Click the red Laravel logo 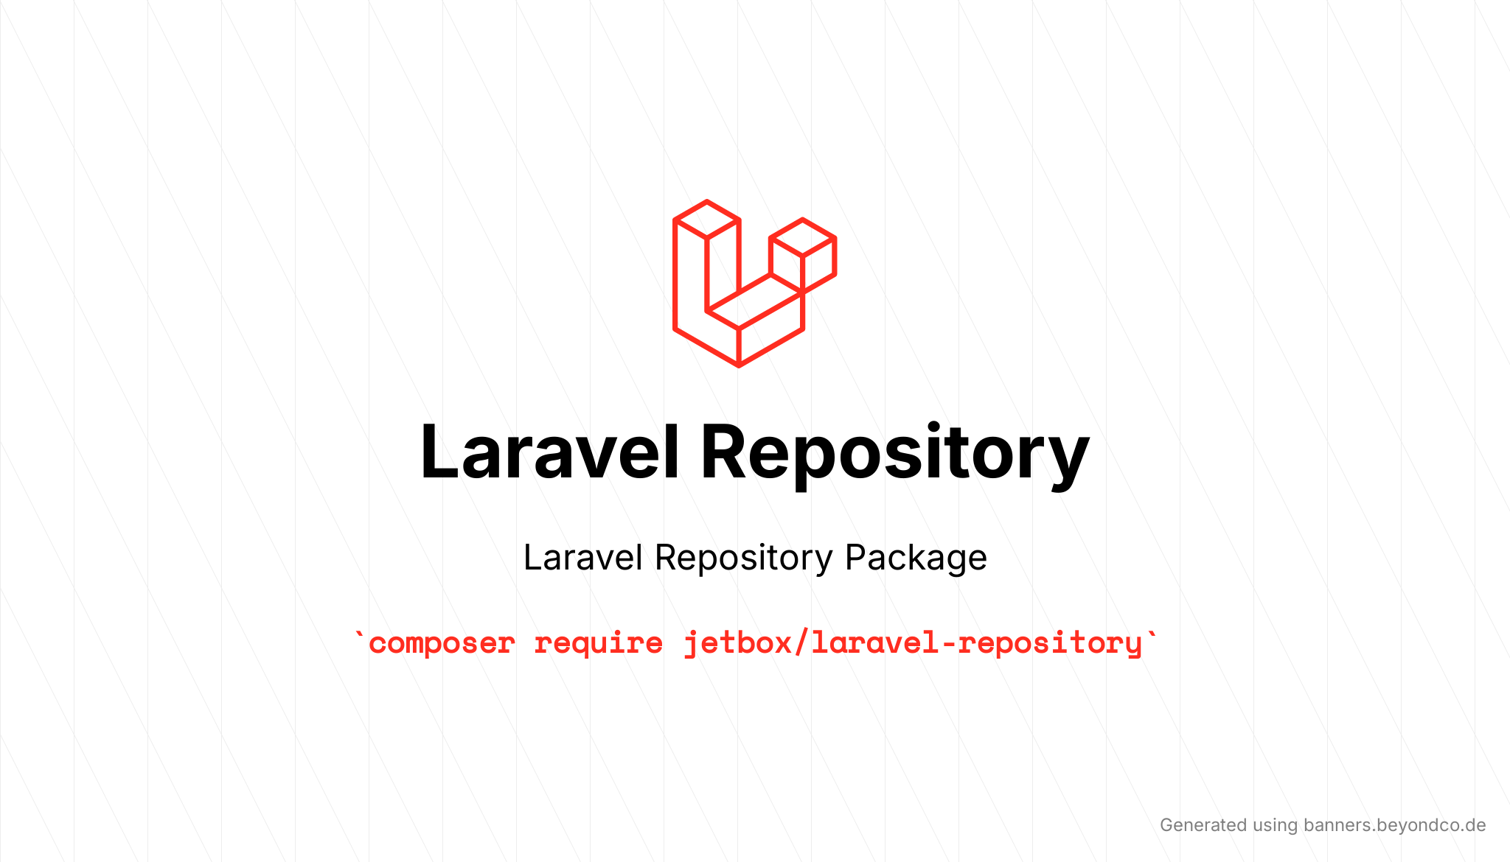pyautogui.click(x=754, y=284)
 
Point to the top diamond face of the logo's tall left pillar pyautogui.click(x=706, y=219)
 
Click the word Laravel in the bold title pyautogui.click(x=549, y=452)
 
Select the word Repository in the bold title pyautogui.click(x=894, y=452)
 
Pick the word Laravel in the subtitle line pyautogui.click(x=583, y=558)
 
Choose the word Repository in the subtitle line pyautogui.click(x=744, y=558)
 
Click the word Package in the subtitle pyautogui.click(x=916, y=558)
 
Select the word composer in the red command pyautogui.click(x=442, y=643)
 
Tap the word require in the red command pyautogui.click(x=598, y=643)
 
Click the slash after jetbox pyautogui.click(x=801, y=643)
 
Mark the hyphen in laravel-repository pyautogui.click(x=948, y=643)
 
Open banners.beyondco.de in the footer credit pyautogui.click(x=1394, y=825)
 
